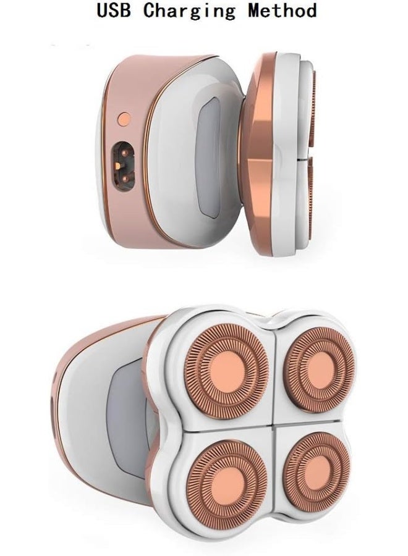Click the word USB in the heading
click(113, 11)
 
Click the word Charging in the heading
click(189, 11)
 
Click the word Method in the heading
click(282, 11)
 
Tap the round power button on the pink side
click(124, 117)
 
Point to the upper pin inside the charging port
click(124, 152)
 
